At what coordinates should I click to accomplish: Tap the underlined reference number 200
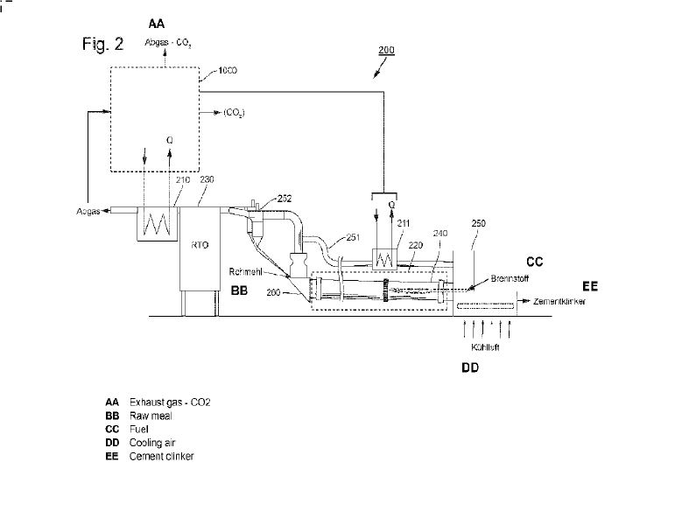[386, 50]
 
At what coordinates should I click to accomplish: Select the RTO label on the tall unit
[198, 246]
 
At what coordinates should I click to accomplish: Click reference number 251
[352, 237]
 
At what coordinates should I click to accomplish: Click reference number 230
[207, 179]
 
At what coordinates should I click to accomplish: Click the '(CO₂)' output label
[234, 113]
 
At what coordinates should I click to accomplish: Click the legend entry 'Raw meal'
[146, 416]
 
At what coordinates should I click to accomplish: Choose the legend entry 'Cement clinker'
[161, 456]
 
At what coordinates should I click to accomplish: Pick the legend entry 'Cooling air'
[151, 443]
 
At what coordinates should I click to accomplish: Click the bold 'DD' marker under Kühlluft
[470, 368]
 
